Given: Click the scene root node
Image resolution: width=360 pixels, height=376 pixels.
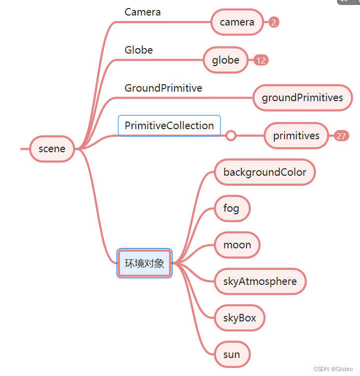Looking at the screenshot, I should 52,149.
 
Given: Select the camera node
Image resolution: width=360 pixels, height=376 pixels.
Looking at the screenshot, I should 237,22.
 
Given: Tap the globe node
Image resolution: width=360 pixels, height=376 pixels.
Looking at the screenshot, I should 225,60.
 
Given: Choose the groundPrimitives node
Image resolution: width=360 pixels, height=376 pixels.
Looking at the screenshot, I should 302,98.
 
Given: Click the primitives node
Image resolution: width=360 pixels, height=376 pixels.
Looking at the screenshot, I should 296,136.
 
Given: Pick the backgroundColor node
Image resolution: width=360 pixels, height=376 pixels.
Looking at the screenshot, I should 264,172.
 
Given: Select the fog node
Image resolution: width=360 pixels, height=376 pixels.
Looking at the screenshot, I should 231,208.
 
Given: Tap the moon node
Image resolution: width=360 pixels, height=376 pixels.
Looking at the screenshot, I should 237,245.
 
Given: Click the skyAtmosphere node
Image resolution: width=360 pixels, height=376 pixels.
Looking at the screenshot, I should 260,281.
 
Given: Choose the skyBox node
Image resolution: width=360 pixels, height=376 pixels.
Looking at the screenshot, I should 239,318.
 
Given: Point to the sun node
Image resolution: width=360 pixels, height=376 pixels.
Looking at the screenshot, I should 231,354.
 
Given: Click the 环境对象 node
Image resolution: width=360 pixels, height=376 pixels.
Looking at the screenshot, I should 144,263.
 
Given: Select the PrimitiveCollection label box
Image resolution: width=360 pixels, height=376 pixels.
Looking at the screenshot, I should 169,126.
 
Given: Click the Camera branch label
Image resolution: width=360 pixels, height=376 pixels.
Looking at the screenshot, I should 142,12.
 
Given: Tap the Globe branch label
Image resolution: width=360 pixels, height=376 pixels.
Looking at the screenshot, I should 138,50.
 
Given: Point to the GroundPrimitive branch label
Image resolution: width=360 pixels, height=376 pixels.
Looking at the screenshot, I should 163,88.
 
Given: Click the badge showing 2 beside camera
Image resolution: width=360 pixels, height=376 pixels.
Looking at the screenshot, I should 274,22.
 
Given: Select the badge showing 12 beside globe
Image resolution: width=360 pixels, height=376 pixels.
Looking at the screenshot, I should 260,61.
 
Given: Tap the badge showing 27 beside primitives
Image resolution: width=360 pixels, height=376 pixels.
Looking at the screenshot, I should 341,136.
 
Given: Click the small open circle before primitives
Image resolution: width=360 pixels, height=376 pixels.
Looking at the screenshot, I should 230,136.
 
